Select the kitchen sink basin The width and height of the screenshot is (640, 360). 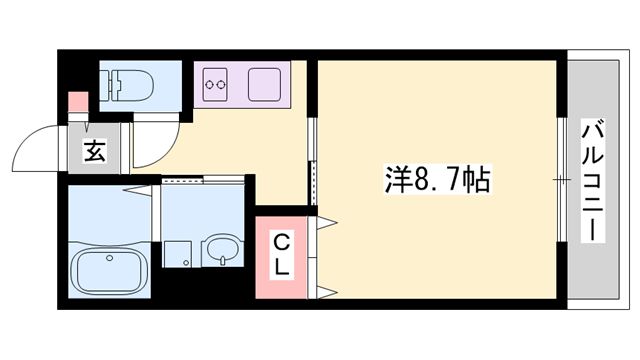pos(263,84)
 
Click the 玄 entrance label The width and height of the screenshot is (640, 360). pos(94,152)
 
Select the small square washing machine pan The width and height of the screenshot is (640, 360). pos(178,254)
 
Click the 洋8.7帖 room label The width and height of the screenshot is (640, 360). pos(437,180)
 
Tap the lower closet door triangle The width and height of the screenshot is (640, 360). pos(325,291)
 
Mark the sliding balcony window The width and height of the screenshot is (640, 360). pos(561,180)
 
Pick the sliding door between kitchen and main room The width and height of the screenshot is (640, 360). pos(311,160)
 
